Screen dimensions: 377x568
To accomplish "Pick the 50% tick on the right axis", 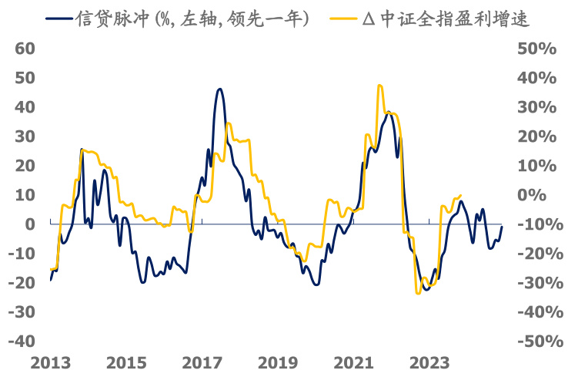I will [536, 48].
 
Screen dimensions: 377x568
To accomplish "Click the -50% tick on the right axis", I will [534, 341].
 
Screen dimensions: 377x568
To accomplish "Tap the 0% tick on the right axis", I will [540, 194].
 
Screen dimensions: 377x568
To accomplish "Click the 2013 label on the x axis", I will [50, 363].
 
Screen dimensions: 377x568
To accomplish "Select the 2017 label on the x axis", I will [202, 363].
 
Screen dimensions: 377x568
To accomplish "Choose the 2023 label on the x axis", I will [431, 363].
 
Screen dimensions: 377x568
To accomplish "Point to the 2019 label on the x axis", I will [279, 363].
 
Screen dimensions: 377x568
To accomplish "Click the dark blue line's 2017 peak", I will [219, 89].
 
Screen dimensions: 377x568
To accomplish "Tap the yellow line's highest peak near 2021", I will [379, 86].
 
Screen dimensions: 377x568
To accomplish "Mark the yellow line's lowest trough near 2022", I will [418, 293].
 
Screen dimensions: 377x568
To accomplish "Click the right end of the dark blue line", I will [502, 227].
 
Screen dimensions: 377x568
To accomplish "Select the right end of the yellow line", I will [460, 195].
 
